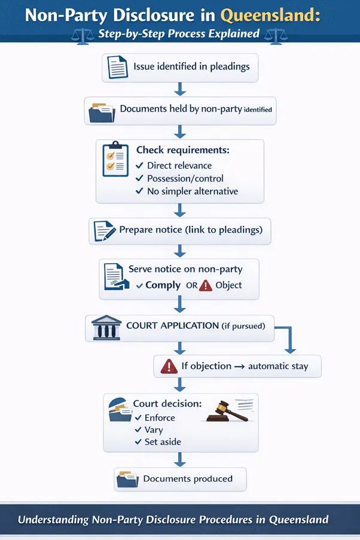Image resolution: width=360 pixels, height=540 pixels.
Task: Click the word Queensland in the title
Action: coord(270,16)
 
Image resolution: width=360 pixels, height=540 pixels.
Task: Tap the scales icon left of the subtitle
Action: coord(83,36)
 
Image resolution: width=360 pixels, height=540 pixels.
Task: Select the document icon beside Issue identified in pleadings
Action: coord(117,67)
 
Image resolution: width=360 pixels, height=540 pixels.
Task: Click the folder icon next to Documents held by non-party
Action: coord(102,112)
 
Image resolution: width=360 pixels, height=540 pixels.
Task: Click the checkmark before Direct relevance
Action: coord(139,166)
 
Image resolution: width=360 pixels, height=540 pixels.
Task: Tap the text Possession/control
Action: coord(185,178)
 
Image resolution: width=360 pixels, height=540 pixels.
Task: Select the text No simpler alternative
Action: coord(193,191)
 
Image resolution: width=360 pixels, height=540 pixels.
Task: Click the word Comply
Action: coord(163,285)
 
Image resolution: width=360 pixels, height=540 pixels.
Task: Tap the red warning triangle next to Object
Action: coord(206,285)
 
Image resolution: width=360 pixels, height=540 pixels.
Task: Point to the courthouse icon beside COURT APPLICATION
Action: coord(106,328)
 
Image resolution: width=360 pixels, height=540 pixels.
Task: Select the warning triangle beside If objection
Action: coord(169,367)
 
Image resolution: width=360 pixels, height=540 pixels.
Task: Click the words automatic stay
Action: coord(278,366)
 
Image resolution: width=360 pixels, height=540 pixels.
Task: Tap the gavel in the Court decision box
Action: coord(227,411)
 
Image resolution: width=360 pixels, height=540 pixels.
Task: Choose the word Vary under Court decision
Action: coord(154,430)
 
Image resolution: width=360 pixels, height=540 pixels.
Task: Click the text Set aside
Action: coord(163,442)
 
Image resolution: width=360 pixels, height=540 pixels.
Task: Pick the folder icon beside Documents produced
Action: coord(127,479)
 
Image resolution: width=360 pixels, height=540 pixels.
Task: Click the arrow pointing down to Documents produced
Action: coord(179,460)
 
